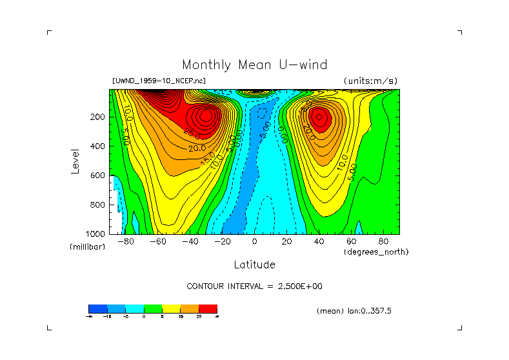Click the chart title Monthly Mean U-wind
pyautogui.click(x=254, y=65)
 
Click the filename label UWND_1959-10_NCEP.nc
pyautogui.click(x=159, y=81)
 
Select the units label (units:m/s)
pyautogui.click(x=370, y=81)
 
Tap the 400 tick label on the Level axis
pyautogui.click(x=98, y=146)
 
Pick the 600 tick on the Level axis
pyautogui.click(x=98, y=175)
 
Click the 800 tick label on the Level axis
pyautogui.click(x=98, y=205)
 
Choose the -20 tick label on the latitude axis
pyautogui.click(x=222, y=242)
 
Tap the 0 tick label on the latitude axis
pyautogui.click(x=254, y=242)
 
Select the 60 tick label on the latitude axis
pyautogui.click(x=351, y=242)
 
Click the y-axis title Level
pyautogui.click(x=76, y=161)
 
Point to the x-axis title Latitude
pyautogui.click(x=254, y=265)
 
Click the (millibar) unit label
pyautogui.click(x=87, y=247)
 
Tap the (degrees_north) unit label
pyautogui.click(x=376, y=252)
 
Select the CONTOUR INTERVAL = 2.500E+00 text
pyautogui.click(x=254, y=286)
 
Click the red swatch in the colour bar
pyautogui.click(x=208, y=308)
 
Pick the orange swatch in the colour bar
pyautogui.click(x=190, y=308)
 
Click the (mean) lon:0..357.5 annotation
pyautogui.click(x=354, y=311)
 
